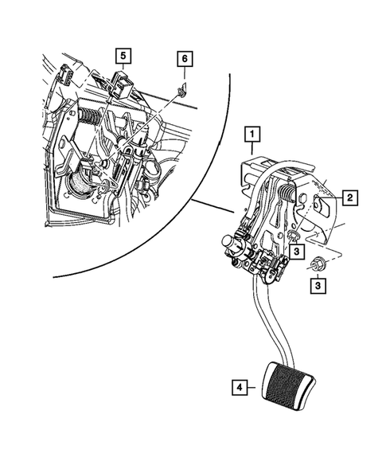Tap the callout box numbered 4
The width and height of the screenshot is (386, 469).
237,388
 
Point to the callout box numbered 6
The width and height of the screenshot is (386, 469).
184,59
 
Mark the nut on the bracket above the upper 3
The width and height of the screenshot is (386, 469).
292,235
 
